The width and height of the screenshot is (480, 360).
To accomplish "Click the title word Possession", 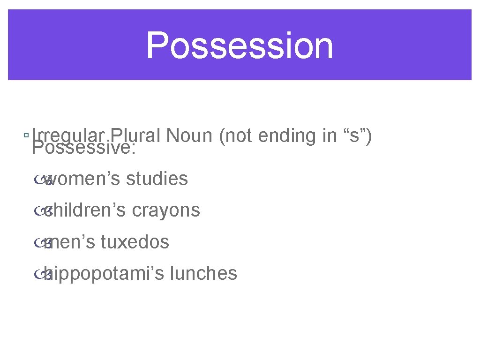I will point(240,45).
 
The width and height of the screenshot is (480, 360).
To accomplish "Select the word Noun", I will point(190,135).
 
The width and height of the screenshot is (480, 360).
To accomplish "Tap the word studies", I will point(157,179).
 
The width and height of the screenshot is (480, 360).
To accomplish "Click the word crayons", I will point(166,210).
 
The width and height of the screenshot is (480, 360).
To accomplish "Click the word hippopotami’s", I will point(102,273).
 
